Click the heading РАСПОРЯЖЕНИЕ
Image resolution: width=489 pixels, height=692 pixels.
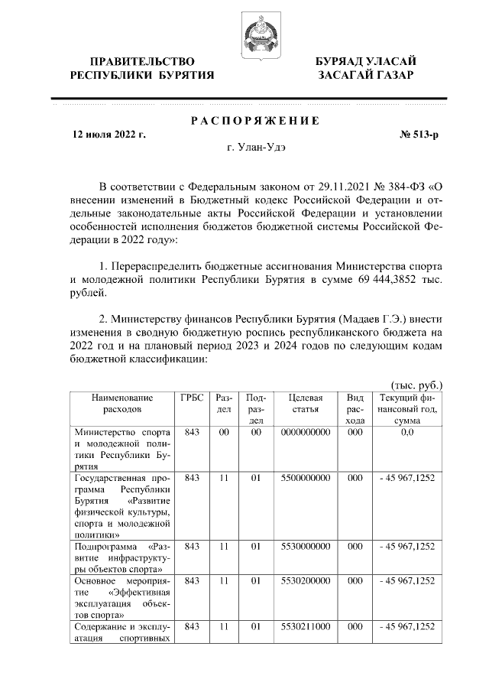[254, 121]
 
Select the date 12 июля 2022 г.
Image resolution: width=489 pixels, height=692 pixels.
[108, 135]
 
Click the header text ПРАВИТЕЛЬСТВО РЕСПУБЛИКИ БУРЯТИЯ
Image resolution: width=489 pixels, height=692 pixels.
[142, 67]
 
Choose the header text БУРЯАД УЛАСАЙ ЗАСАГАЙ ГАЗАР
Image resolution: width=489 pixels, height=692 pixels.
[367, 67]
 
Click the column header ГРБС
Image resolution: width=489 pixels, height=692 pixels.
[192, 398]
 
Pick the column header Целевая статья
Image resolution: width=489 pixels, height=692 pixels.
[305, 403]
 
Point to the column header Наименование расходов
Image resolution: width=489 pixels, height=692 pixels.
[121, 403]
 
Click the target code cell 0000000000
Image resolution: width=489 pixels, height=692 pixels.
[305, 433]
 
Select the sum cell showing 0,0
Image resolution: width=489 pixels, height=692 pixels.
[406, 433]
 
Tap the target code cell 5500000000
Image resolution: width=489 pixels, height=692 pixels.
[305, 478]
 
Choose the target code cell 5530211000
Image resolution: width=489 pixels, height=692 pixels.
[305, 626]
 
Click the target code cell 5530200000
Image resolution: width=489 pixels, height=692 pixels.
[305, 581]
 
